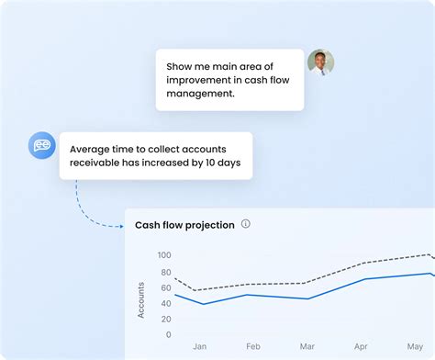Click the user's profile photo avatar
pyautogui.click(x=320, y=62)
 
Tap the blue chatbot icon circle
pyautogui.click(x=42, y=145)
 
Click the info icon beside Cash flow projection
pyautogui.click(x=246, y=224)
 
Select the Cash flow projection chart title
pyautogui.click(x=184, y=225)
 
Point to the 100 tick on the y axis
pyautogui.click(x=164, y=254)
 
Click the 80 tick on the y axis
pyautogui.click(x=166, y=271)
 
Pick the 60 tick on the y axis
pyautogui.click(x=166, y=287)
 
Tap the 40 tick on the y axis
pyautogui.click(x=166, y=303)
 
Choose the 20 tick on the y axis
pyautogui.click(x=166, y=319)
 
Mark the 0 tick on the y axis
pyautogui.click(x=169, y=335)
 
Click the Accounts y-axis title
pyautogui.click(x=141, y=299)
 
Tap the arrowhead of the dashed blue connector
pyautogui.click(x=122, y=225)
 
